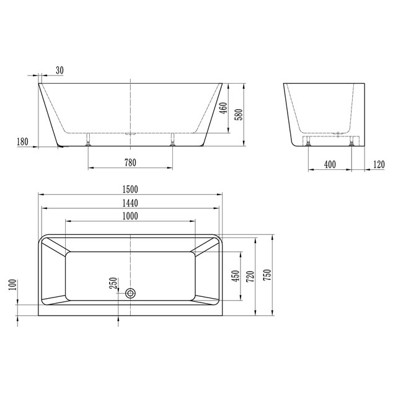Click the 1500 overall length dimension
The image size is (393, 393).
130,189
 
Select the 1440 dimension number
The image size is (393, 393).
130,203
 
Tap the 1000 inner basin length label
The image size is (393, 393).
130,216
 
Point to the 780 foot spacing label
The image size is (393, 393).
130,162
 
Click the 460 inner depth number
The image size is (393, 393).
224,108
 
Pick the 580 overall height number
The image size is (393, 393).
239,115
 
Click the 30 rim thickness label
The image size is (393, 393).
60,71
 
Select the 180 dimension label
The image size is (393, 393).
22,142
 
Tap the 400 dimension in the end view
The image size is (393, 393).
330,165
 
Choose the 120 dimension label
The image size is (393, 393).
379,165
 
